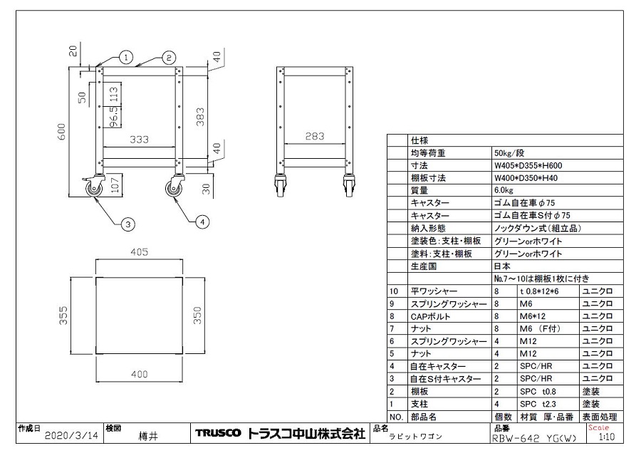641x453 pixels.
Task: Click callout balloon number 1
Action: tap(125, 56)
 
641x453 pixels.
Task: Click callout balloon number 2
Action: tap(168, 56)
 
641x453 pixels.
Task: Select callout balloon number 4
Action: tap(202, 222)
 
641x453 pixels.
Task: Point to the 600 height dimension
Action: tap(61, 132)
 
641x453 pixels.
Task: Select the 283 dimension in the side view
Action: tap(316, 136)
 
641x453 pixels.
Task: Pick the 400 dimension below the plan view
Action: tap(138, 373)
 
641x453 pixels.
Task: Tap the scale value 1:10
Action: tap(608, 438)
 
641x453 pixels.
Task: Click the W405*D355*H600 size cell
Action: tap(527, 165)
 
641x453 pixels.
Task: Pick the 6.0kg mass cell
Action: tap(504, 190)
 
